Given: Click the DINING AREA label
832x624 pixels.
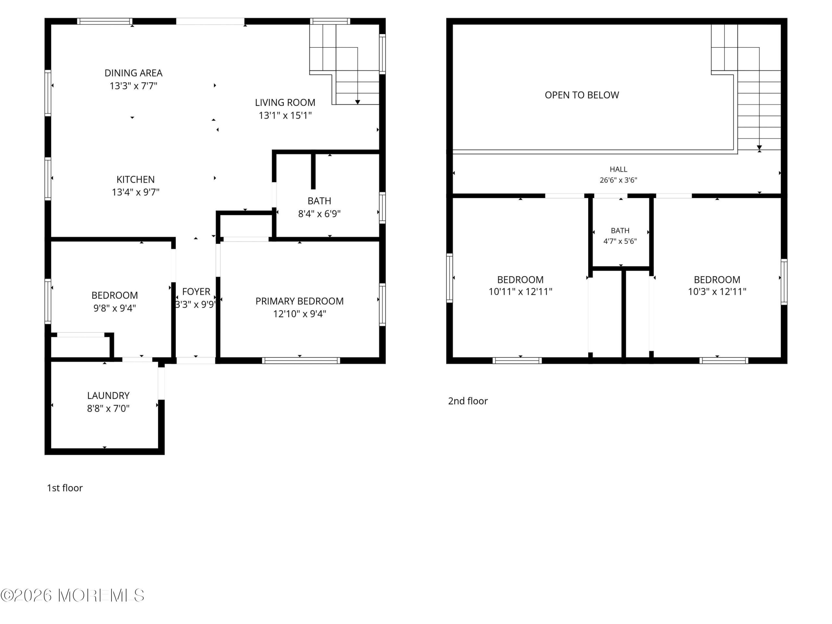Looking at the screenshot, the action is pyautogui.click(x=134, y=73).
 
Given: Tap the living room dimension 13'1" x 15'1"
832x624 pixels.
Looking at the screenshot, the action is pyautogui.click(x=285, y=115).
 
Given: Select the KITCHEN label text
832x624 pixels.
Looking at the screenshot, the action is pyautogui.click(x=136, y=179).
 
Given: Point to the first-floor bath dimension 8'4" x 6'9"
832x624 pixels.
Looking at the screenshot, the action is pyautogui.click(x=319, y=214).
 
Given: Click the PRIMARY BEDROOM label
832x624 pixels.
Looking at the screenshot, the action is pyautogui.click(x=299, y=301).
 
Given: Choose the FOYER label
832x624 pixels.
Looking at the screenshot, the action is pyautogui.click(x=196, y=292).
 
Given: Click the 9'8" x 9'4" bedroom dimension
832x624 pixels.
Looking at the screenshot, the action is pyautogui.click(x=115, y=308).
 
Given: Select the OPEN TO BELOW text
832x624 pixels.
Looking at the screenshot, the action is pyautogui.click(x=582, y=95).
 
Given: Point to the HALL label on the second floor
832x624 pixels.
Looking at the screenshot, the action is pyautogui.click(x=618, y=169).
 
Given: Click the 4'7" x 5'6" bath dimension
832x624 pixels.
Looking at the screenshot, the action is pyautogui.click(x=620, y=241).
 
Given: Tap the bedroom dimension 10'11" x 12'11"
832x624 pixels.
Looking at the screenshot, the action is pyautogui.click(x=520, y=292).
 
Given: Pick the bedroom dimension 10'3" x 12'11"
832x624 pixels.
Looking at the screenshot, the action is pyautogui.click(x=717, y=292).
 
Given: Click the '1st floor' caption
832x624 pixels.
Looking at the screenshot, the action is pyautogui.click(x=65, y=488).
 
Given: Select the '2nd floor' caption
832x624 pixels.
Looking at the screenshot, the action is pyautogui.click(x=468, y=401).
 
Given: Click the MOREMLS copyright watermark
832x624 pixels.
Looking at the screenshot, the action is pyautogui.click(x=72, y=595).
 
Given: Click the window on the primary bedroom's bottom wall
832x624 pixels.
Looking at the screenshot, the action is pyautogui.click(x=301, y=361).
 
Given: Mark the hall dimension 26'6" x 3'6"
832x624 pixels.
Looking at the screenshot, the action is pyautogui.click(x=618, y=180).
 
